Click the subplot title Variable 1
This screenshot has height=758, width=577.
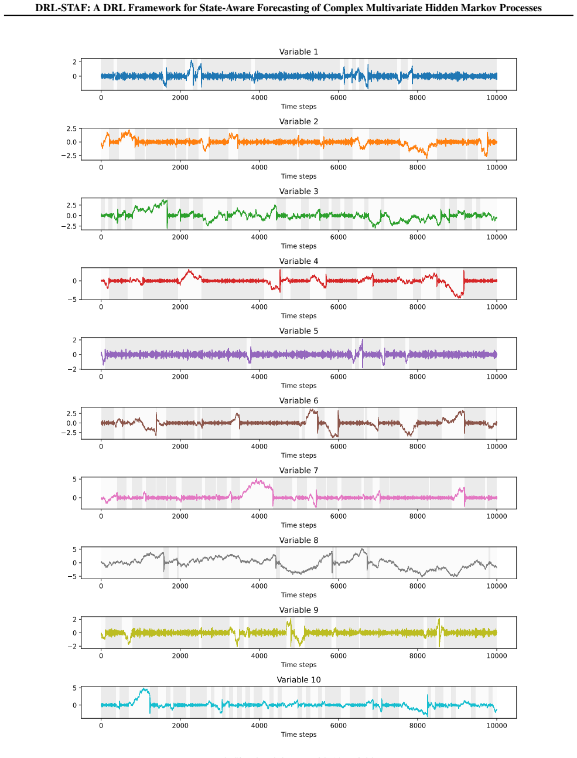point(299,52)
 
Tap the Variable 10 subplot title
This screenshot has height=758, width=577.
point(299,679)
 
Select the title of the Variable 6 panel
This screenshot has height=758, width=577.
point(299,400)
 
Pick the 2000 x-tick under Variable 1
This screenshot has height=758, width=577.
point(180,98)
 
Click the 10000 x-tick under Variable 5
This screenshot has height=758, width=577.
point(497,377)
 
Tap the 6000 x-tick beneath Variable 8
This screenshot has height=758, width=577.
point(338,586)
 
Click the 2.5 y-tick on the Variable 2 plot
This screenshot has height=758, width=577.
point(71,128)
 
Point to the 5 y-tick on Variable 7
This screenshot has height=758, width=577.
point(75,479)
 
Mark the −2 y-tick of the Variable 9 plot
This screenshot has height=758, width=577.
point(73,647)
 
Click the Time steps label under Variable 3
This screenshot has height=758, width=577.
point(299,246)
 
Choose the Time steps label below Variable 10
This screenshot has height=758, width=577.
point(299,734)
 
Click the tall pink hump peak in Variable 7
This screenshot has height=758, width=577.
point(257,480)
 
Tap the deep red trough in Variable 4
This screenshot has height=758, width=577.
point(459,297)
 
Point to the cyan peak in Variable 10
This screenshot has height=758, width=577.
point(144,689)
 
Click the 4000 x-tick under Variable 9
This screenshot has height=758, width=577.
point(259,656)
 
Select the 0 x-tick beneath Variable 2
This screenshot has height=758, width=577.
point(101,168)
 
